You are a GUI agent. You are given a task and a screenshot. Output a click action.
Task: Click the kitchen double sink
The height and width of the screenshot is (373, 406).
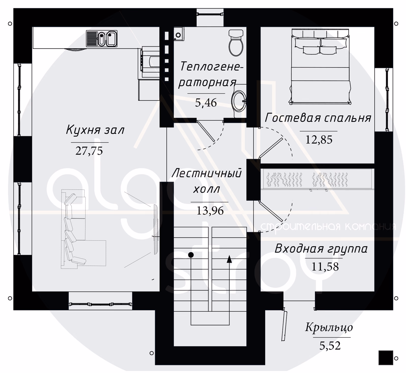coord(102,39)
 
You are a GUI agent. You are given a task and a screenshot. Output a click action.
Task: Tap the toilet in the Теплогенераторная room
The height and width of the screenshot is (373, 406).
coord(236,43)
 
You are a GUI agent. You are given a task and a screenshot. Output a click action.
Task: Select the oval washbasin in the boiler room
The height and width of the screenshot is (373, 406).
coord(239,101)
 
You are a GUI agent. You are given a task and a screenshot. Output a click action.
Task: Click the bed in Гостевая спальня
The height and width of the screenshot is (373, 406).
coord(320,67)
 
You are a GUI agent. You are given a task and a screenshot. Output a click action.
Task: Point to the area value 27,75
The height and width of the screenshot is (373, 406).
coord(89,151)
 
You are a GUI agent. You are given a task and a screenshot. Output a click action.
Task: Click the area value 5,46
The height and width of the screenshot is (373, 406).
coord(206,103)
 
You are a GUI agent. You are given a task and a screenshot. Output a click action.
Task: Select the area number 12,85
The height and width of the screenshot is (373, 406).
coord(319,140)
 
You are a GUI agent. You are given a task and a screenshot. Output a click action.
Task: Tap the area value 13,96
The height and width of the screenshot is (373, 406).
coord(210,211)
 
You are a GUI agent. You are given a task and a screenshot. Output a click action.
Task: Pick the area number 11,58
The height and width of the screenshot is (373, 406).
coord(325,267)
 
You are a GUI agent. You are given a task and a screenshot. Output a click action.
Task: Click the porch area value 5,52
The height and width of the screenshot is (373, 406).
coord(330,346)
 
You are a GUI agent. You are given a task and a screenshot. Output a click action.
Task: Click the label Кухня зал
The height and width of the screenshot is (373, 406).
coord(95,130)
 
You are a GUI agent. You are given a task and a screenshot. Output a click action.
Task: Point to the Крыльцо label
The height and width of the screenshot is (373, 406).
coord(329,328)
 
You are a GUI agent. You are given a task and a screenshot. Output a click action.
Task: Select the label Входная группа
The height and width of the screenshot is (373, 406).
coord(321,249)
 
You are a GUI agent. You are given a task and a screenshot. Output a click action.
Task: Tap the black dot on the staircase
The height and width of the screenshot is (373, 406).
coord(191,255)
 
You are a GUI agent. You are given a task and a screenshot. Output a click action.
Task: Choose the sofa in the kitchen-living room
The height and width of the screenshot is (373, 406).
coord(81,230)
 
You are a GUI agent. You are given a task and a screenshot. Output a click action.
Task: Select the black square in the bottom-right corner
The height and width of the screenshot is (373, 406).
coord(386,358)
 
